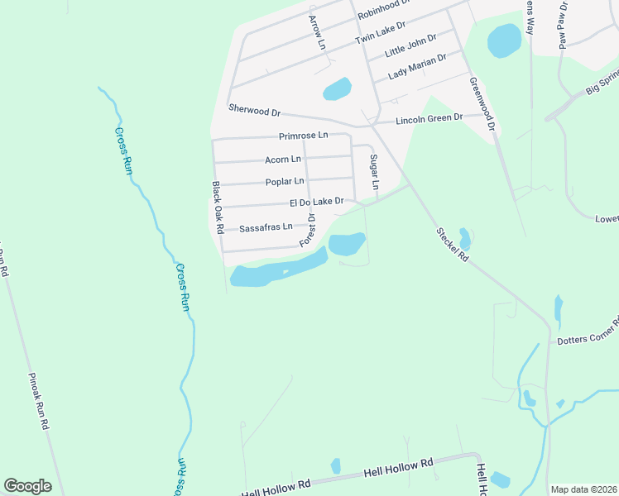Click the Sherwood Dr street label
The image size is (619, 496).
point(255,110)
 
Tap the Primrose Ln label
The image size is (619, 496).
point(303,135)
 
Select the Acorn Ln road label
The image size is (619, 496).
point(283,159)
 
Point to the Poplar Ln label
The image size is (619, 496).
point(285,181)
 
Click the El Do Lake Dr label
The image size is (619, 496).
point(316,202)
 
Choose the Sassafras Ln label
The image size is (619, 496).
point(266,227)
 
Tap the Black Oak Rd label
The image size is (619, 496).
point(218,207)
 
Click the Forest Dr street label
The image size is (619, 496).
point(308,229)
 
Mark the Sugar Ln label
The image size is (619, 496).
point(373,171)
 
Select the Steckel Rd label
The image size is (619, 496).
point(453,245)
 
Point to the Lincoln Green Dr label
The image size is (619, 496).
point(426,119)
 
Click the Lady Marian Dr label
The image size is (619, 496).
point(417,66)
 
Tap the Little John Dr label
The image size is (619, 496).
point(410,45)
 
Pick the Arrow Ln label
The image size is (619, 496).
point(317,31)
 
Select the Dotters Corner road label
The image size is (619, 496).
point(587,332)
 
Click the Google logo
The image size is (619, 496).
point(27,486)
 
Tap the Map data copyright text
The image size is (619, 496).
point(583,489)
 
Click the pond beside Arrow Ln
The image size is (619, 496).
point(337,88)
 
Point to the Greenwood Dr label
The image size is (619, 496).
point(481,104)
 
